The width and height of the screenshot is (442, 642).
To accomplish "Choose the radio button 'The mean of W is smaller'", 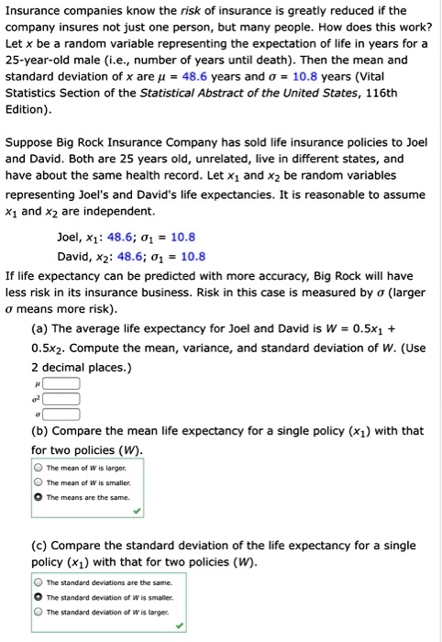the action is (39, 482).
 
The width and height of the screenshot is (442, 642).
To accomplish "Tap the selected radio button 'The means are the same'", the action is (39, 496).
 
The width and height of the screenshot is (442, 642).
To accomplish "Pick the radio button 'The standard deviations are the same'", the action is (39, 582).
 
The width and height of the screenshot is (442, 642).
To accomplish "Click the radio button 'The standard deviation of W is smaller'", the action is (39, 596).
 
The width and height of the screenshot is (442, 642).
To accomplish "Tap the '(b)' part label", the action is (41, 431).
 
